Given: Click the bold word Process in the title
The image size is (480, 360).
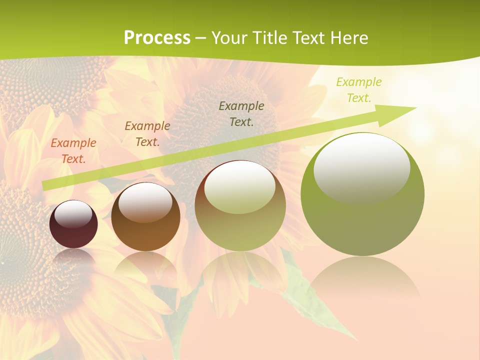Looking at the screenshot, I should (157, 38).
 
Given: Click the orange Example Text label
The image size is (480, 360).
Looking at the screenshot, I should (73, 151).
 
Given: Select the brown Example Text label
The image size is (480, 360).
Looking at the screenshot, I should (147, 134).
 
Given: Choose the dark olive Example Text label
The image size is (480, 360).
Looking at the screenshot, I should (241, 113).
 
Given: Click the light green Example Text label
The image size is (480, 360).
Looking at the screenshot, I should (358, 90).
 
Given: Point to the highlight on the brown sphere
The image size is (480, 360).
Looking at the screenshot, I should (145, 202).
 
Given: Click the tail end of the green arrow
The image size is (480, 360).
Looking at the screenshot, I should (46, 185).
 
